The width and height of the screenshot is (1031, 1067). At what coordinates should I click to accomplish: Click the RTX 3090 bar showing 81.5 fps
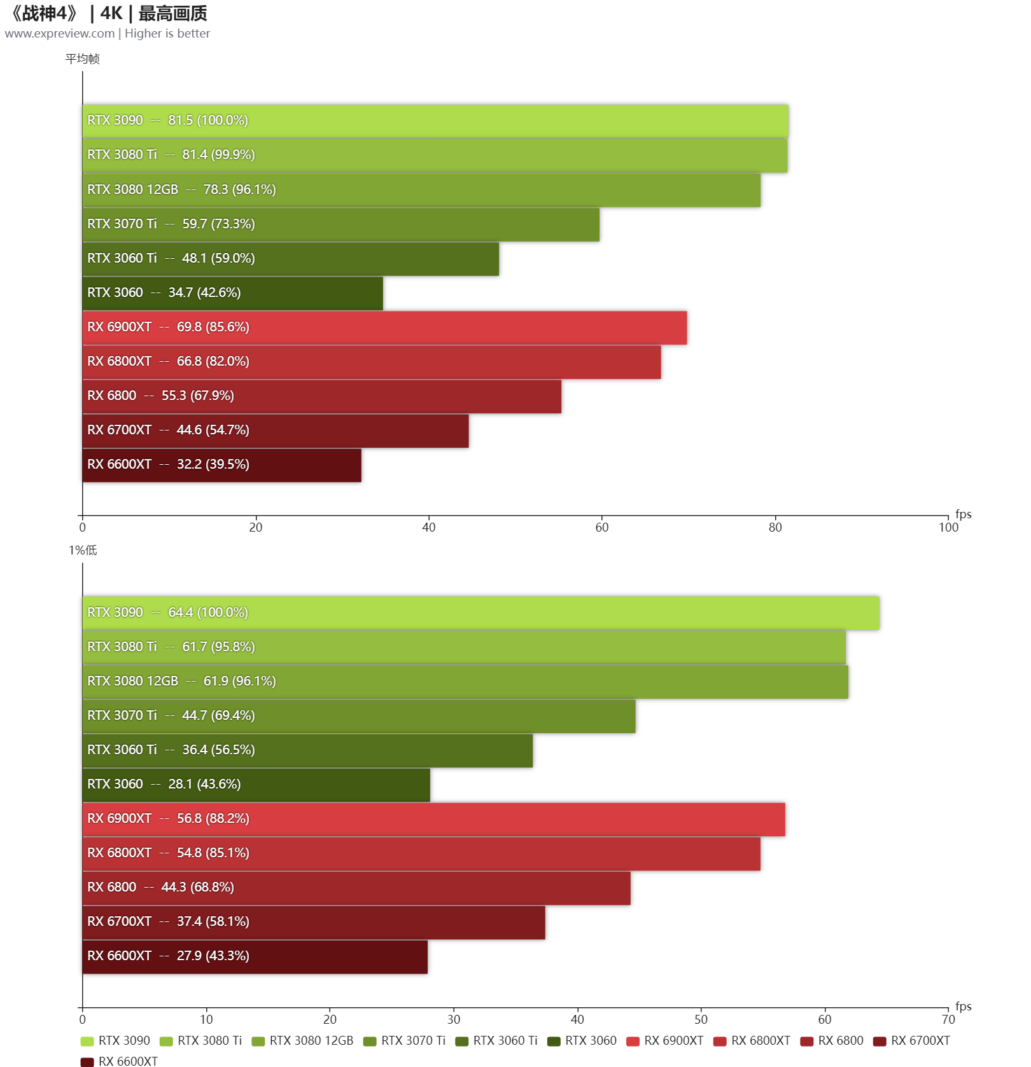[435, 121]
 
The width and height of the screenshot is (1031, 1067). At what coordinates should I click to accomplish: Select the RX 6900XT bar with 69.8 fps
[384, 327]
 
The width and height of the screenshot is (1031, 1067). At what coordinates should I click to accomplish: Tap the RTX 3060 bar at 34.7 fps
[232, 293]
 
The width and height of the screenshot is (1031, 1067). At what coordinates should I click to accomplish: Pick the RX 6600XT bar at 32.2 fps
[221, 465]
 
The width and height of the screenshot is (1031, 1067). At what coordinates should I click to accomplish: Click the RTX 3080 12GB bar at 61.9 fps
[465, 682]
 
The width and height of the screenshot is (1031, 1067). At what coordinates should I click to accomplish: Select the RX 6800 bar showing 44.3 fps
[356, 888]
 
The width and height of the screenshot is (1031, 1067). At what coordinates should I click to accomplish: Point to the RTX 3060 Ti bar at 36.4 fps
[307, 750]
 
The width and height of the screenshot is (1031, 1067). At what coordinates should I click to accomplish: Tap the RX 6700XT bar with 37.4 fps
[314, 922]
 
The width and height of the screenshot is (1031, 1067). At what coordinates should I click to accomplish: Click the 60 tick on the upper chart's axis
[602, 527]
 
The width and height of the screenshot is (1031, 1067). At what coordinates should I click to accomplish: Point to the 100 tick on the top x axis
[948, 527]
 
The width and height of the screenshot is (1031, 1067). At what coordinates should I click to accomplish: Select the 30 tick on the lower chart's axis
[454, 1019]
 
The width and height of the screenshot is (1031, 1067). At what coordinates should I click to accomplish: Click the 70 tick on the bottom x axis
[948, 1019]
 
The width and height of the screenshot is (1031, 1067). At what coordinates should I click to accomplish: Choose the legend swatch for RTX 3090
[87, 1041]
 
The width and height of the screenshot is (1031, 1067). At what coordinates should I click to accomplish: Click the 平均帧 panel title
[83, 59]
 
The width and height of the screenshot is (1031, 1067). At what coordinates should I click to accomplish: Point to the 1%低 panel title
[83, 551]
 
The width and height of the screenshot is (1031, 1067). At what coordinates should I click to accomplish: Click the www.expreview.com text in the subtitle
[60, 34]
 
